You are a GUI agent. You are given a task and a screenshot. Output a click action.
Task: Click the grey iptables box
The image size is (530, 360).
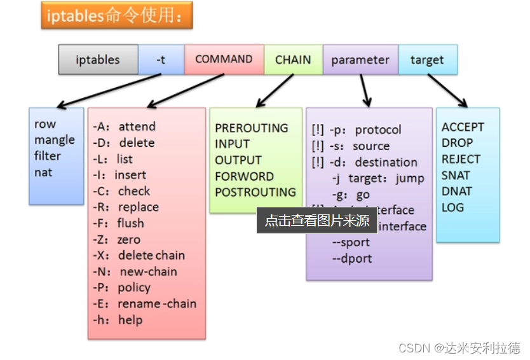click(98, 60)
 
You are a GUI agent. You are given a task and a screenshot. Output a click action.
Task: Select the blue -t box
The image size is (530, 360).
click(161, 60)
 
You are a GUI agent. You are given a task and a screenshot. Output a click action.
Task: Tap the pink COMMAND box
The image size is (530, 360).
click(224, 59)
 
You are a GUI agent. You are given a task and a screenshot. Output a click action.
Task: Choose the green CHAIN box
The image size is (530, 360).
click(293, 60)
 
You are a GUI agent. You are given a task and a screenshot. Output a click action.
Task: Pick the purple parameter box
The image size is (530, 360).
click(360, 60)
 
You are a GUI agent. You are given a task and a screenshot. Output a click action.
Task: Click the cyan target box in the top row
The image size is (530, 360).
click(427, 60)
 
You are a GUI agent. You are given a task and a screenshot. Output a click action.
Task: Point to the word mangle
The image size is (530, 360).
click(55, 140)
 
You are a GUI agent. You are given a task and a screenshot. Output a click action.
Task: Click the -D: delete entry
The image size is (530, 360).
click(123, 143)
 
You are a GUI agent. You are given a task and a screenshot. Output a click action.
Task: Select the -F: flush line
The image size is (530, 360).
click(118, 223)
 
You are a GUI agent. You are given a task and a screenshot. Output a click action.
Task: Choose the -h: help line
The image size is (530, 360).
click(118, 320)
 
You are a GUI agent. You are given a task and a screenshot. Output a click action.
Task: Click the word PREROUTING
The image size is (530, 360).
click(252, 128)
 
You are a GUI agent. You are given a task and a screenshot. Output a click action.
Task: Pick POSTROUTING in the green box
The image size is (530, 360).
click(255, 191)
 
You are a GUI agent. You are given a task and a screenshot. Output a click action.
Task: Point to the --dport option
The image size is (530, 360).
click(351, 258)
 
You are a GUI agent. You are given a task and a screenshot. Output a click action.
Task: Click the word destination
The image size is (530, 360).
click(386, 162)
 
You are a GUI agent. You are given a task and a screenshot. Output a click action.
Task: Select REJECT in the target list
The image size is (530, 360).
click(461, 159)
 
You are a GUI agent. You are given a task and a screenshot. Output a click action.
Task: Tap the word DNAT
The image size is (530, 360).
click(456, 191)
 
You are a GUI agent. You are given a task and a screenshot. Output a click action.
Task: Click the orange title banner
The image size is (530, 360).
click(116, 16)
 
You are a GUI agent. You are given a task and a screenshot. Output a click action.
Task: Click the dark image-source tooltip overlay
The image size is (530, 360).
click(316, 220)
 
